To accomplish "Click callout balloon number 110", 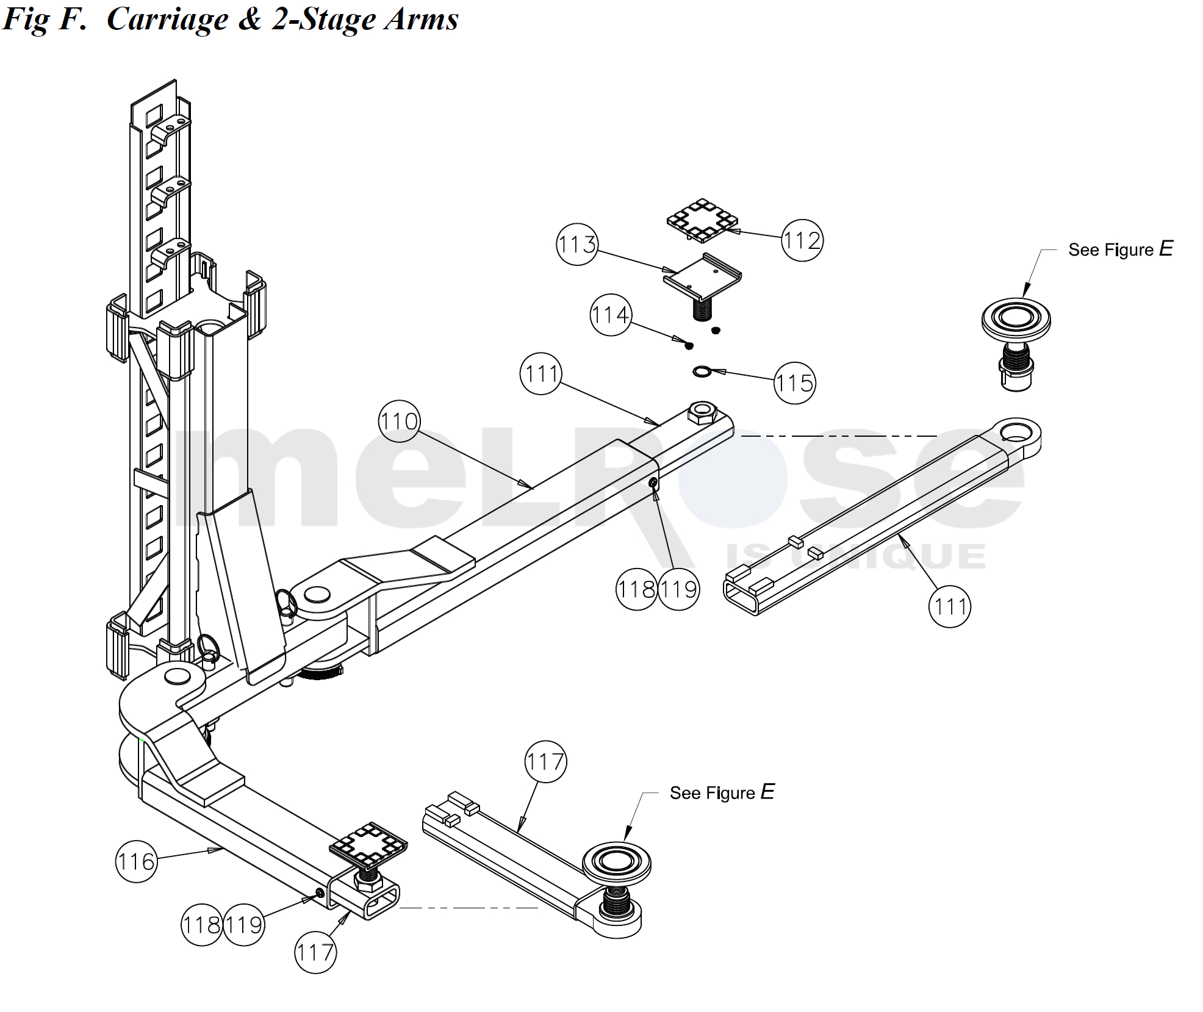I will click(x=399, y=422).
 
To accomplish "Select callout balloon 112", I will click(x=802, y=240).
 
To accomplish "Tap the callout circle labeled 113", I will click(x=576, y=245).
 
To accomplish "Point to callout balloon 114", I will click(x=611, y=315).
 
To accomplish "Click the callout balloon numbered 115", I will click(x=794, y=383).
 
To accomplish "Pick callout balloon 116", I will click(x=136, y=862).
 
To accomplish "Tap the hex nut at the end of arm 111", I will click(x=702, y=414).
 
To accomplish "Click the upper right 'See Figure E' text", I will click(x=1120, y=249).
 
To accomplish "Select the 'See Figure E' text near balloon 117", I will click(x=722, y=793).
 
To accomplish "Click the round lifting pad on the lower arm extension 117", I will click(x=616, y=862).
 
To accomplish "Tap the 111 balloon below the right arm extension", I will click(x=949, y=606).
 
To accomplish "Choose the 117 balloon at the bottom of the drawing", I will click(x=315, y=952).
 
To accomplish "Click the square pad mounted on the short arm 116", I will click(x=368, y=845).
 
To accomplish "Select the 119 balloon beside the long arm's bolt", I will click(x=678, y=589).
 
